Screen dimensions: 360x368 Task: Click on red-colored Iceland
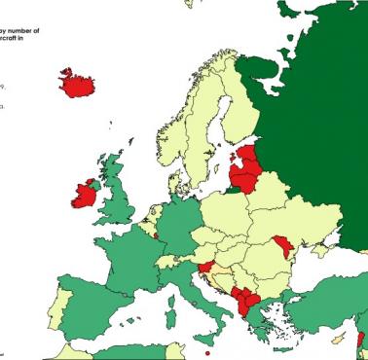point(82,84)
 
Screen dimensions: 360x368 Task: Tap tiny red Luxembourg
point(156,234)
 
